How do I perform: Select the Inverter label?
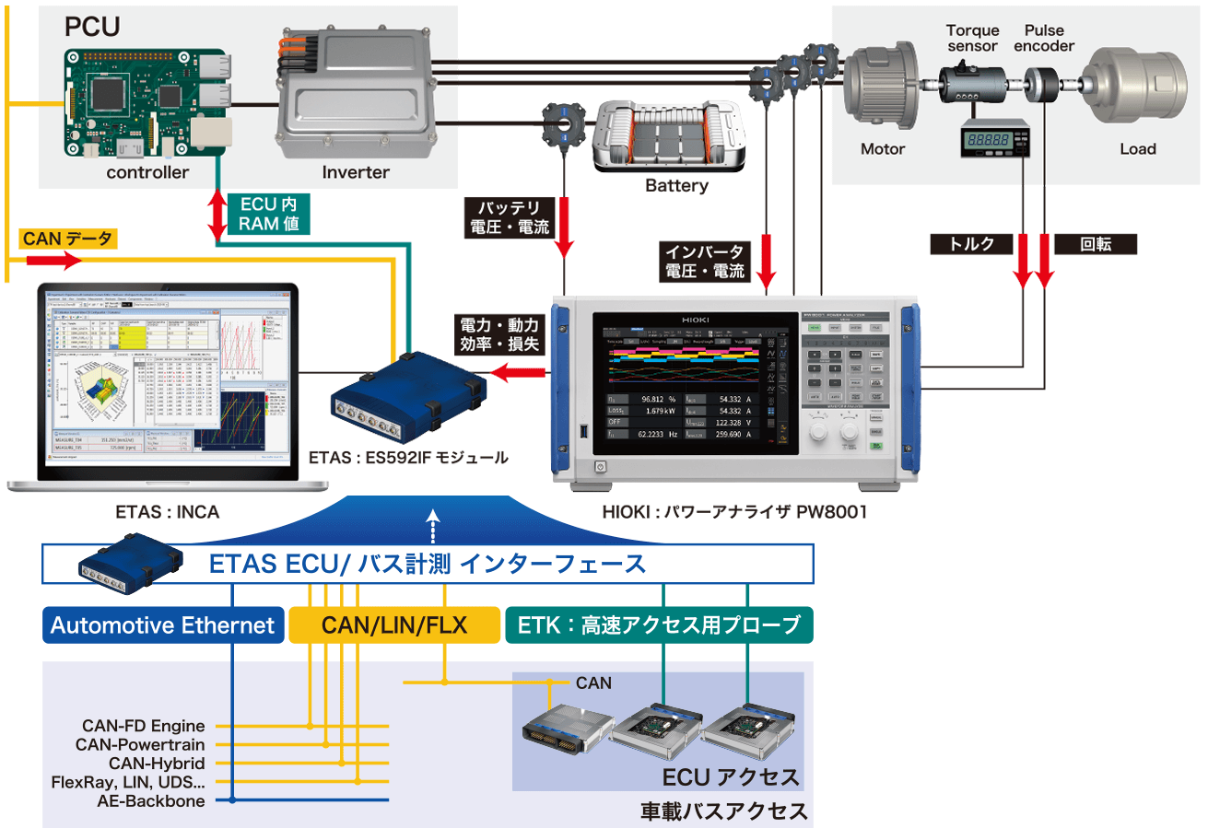coord(356,172)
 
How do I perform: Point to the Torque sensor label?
coord(972,38)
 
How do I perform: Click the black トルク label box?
coord(972,244)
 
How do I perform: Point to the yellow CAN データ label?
coord(67,240)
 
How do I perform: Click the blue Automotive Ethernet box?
coord(163,625)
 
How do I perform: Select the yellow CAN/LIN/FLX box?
coord(394,625)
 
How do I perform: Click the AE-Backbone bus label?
coord(150,800)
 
